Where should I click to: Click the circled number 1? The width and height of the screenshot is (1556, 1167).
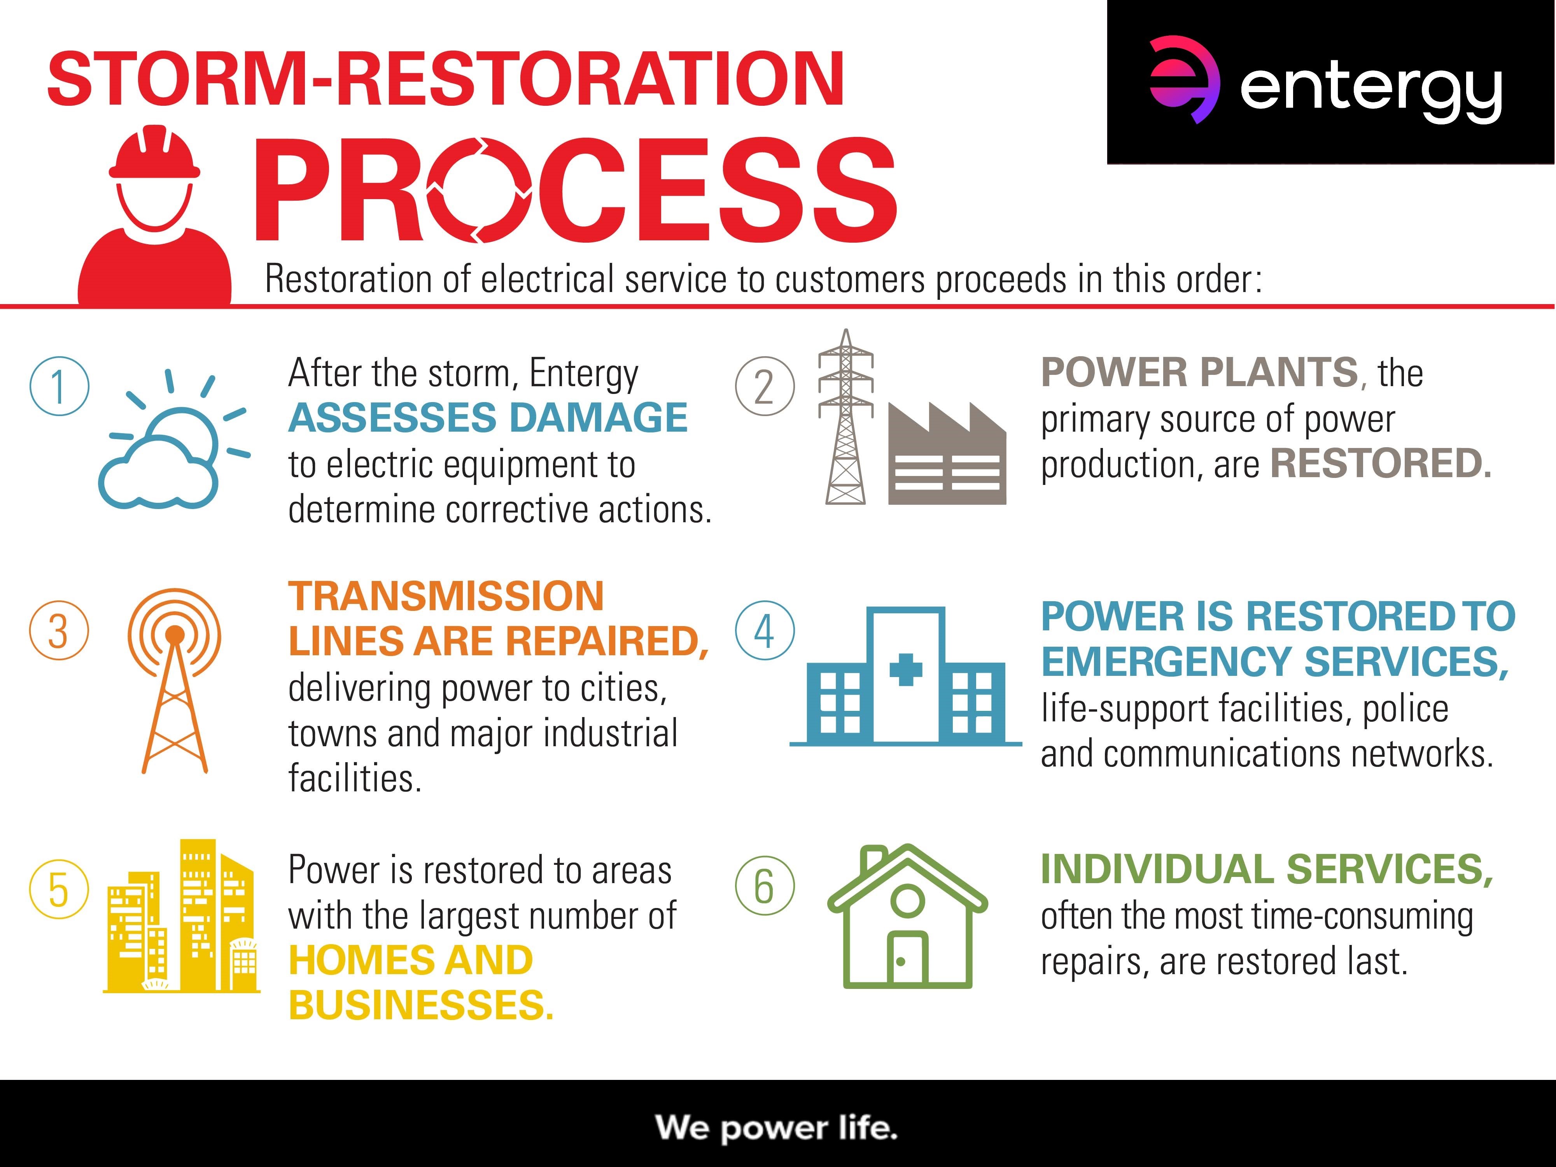[59, 386]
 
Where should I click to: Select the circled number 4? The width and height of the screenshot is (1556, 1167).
[765, 630]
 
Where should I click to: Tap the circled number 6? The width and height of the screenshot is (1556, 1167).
[765, 885]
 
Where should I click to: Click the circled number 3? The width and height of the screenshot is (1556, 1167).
[59, 630]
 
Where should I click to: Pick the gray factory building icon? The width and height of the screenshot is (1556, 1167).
[947, 454]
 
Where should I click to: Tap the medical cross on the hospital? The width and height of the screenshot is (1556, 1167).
[906, 670]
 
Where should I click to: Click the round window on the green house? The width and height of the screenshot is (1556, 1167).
[907, 900]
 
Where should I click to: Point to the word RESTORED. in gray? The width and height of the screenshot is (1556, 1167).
[1381, 464]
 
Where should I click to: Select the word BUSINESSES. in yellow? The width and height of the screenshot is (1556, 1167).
[421, 1004]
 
